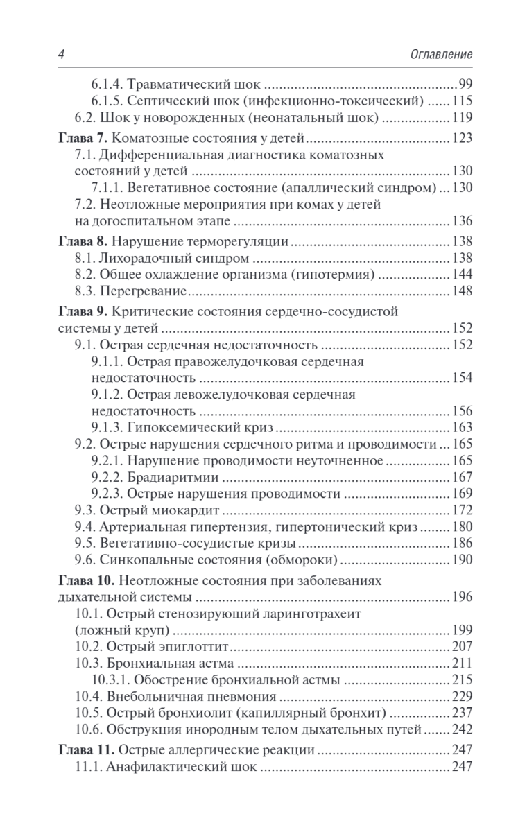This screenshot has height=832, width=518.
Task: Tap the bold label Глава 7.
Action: pos(80,138)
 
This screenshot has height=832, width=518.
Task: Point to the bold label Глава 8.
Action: pos(80,243)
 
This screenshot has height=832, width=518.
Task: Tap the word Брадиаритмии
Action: pos(172,478)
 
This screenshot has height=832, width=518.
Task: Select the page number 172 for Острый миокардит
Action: pos(461,512)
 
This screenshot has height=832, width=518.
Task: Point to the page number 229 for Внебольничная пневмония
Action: pos(461,697)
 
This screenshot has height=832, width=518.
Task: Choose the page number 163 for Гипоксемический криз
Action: pos(461,427)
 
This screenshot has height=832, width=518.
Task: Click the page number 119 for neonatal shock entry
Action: pos(461,117)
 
